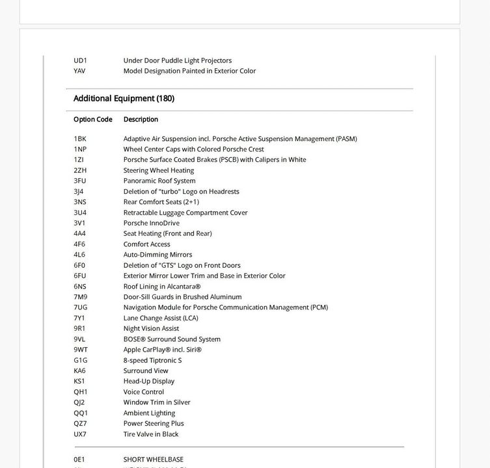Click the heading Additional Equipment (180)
click(124, 99)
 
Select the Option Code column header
click(93, 120)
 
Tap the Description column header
click(141, 120)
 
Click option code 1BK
click(80, 138)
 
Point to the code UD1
click(80, 60)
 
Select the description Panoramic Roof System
click(159, 181)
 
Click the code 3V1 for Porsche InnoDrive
click(79, 223)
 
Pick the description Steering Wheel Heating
click(159, 170)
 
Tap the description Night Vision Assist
click(151, 328)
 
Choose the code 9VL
click(79, 339)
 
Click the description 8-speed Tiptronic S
click(152, 360)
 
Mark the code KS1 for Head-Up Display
click(79, 381)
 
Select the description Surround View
click(146, 370)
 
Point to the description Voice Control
click(144, 392)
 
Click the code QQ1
click(81, 413)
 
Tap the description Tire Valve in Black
click(151, 434)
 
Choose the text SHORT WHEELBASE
click(154, 460)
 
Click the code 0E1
click(79, 460)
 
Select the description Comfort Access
click(147, 244)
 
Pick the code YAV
click(79, 71)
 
